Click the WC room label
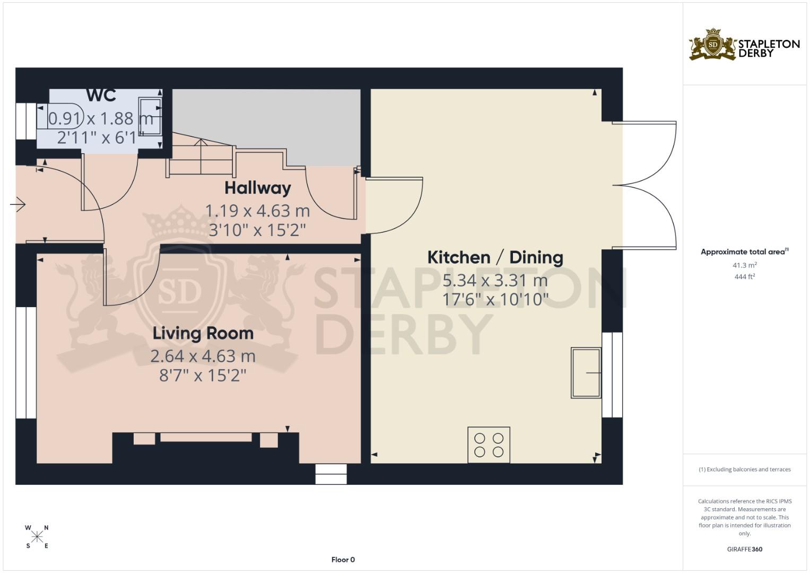[101, 95]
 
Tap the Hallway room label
[257, 188]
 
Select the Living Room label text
[203, 333]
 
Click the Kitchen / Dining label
[495, 257]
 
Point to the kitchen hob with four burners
[489, 445]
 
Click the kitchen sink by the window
[586, 372]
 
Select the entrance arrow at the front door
[18, 204]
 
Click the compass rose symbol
[37, 537]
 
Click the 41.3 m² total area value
[744, 265]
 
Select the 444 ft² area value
[744, 276]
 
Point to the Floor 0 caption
[343, 559]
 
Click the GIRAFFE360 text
[744, 549]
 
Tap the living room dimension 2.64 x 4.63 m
[203, 356]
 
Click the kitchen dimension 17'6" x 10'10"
[495, 299]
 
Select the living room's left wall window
[25, 362]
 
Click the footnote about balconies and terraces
[744, 470]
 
